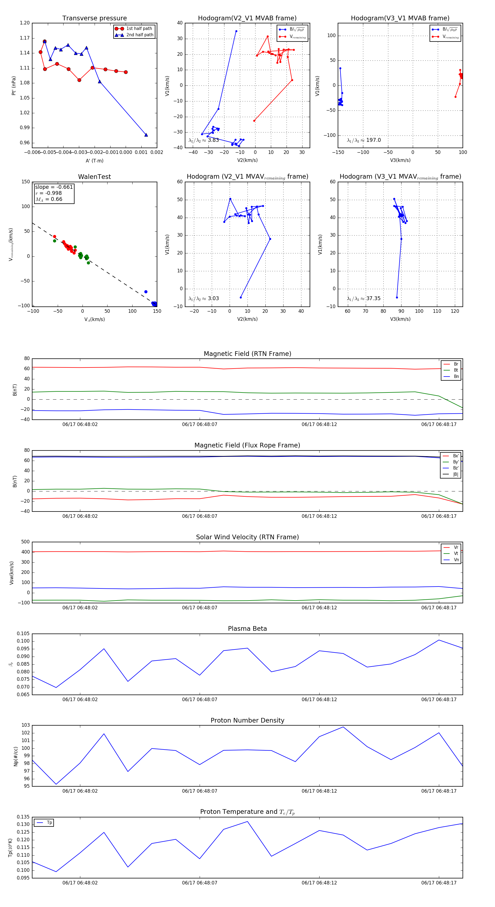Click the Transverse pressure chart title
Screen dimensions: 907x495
(94, 18)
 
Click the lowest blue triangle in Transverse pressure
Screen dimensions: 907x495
(146, 135)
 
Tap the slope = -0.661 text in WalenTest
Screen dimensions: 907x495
(54, 187)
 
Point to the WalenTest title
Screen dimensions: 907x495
(94, 177)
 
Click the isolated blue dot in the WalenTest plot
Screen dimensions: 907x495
(146, 292)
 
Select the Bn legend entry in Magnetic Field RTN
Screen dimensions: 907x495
(456, 376)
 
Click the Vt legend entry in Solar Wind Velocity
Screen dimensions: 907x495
(456, 554)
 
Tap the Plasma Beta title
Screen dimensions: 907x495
(247, 629)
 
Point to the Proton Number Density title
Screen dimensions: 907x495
(247, 720)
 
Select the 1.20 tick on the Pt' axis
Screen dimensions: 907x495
(25, 23)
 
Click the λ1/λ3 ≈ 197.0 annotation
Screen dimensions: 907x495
(364, 140)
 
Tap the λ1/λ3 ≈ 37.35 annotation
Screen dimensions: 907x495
(364, 298)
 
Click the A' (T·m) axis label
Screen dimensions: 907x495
(94, 161)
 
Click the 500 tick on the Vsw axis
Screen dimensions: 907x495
(25, 542)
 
